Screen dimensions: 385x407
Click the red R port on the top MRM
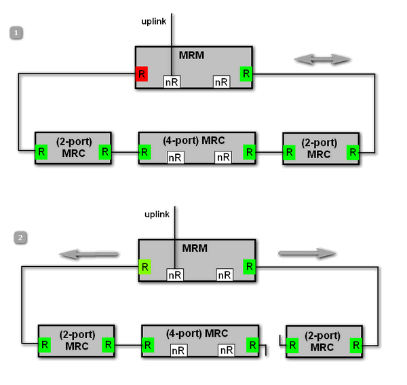[141, 73]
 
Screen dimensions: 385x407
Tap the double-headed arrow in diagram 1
[322, 60]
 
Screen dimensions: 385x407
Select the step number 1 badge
[16, 33]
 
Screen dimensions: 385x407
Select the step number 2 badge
[21, 238]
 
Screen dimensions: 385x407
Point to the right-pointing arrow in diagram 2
[307, 253]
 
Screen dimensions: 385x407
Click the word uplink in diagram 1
[153, 21]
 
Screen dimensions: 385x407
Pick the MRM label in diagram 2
[197, 248]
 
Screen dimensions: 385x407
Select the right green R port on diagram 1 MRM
[246, 73]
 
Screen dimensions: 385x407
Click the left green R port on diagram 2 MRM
[144, 266]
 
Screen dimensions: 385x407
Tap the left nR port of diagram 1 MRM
[172, 82]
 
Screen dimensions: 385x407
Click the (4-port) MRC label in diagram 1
[194, 141]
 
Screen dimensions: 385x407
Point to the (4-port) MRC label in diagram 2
[197, 333]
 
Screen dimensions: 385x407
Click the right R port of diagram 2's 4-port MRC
[252, 345]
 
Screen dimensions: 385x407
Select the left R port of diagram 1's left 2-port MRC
[42, 151]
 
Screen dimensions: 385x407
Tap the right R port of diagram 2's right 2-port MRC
[355, 346]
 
